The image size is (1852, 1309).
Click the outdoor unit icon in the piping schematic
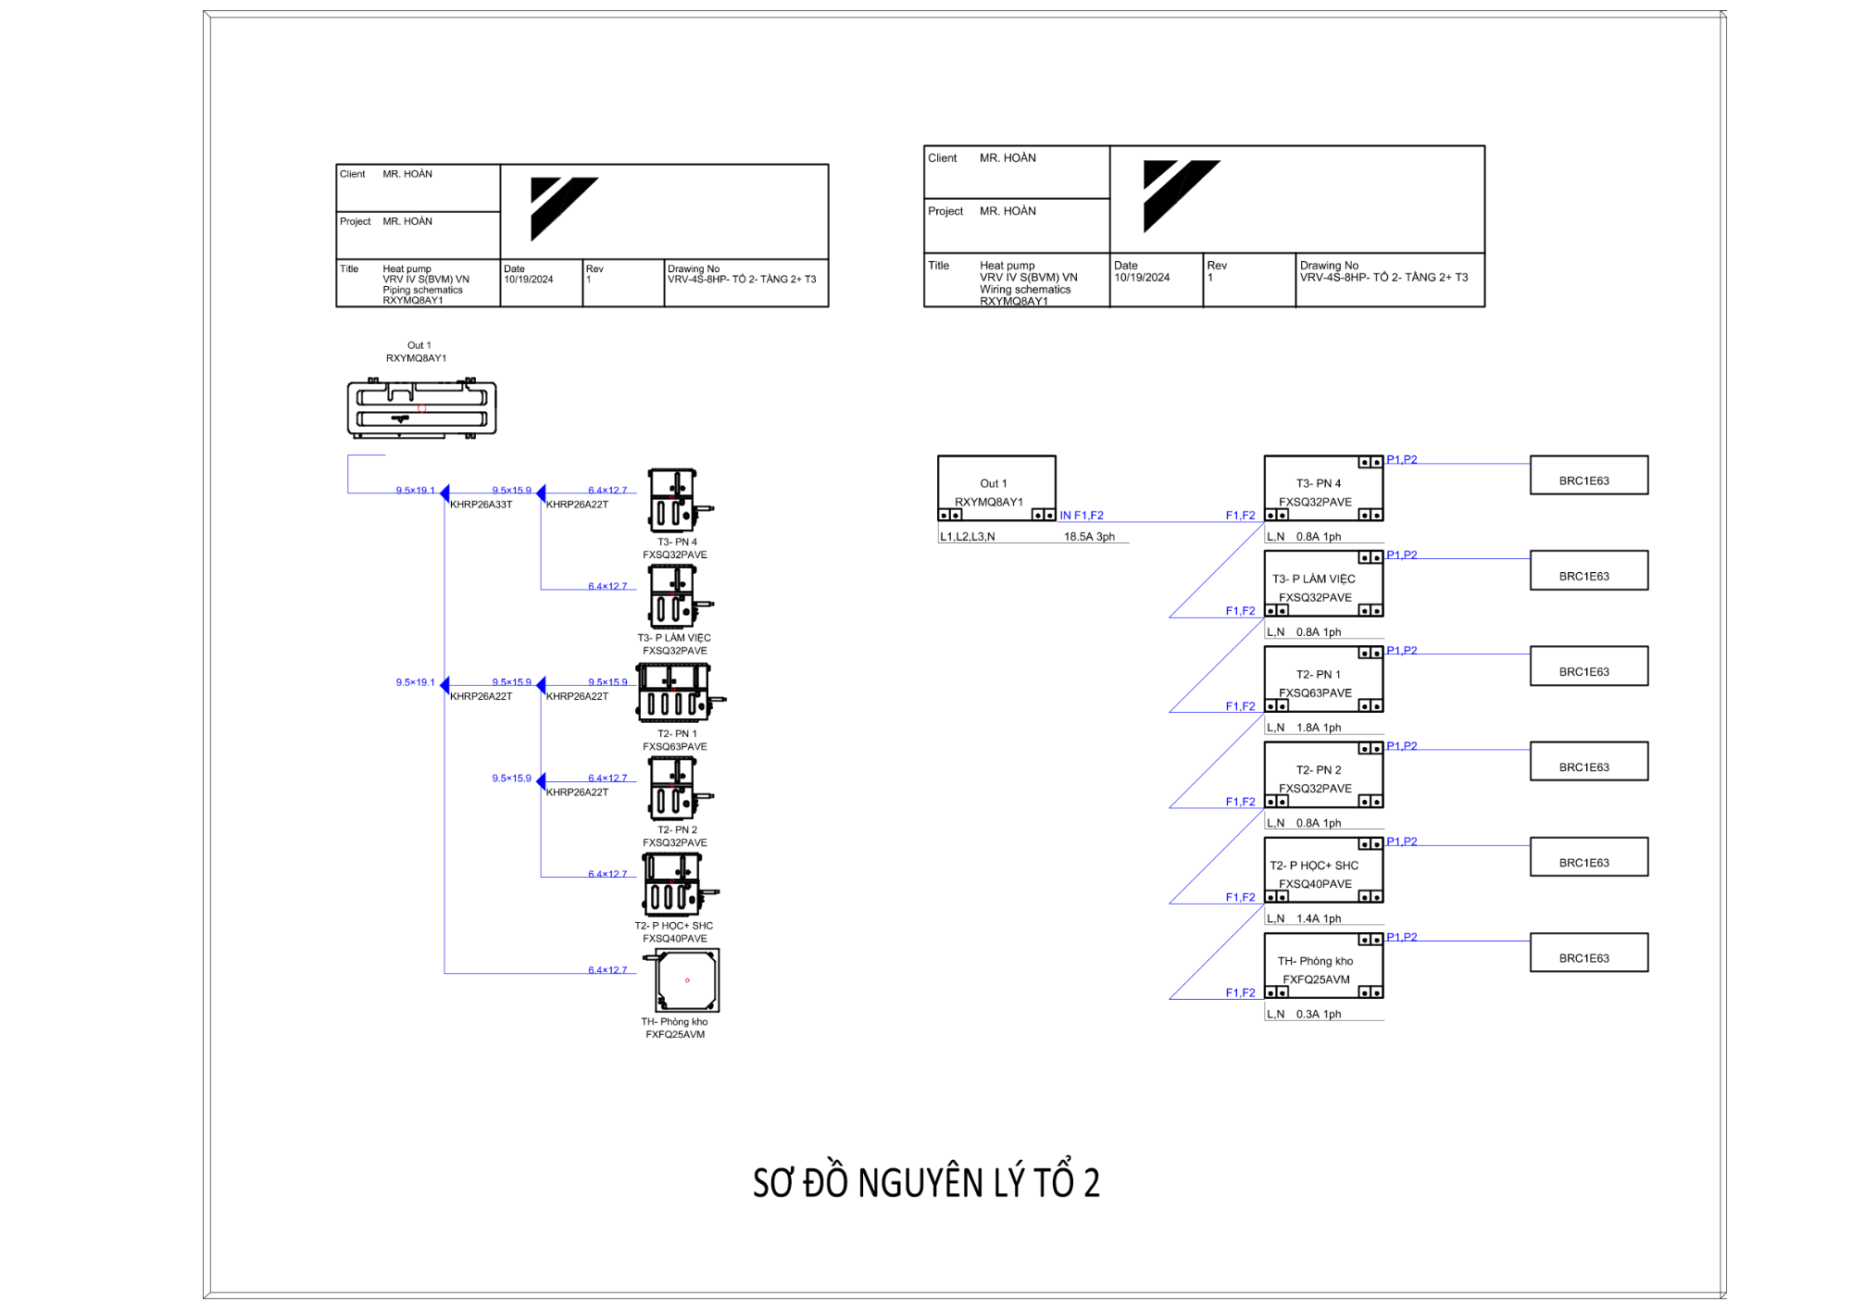click(421, 408)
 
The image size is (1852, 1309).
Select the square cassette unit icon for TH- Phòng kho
click(686, 980)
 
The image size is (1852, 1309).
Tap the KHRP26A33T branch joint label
click(481, 505)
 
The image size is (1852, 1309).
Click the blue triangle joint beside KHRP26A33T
click(445, 492)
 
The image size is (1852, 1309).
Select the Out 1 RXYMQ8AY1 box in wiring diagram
click(996, 488)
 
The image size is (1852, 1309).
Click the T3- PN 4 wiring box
click(1323, 488)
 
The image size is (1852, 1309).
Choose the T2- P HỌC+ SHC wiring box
click(1323, 870)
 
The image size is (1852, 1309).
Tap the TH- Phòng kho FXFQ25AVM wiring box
click(1323, 966)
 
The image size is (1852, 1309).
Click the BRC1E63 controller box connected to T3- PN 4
click(1588, 475)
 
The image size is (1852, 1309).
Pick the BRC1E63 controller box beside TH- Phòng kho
click(1588, 953)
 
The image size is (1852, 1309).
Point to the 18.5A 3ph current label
click(1089, 537)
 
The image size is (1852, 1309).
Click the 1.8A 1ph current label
click(1319, 728)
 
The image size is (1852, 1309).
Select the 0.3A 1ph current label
click(1319, 1015)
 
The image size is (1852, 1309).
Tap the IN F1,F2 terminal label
click(1082, 516)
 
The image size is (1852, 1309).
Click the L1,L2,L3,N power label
click(967, 537)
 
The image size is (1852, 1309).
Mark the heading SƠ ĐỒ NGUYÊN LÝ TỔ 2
click(926, 1183)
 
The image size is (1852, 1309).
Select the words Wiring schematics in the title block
click(1025, 290)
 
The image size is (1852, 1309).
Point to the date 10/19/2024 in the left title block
click(529, 280)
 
